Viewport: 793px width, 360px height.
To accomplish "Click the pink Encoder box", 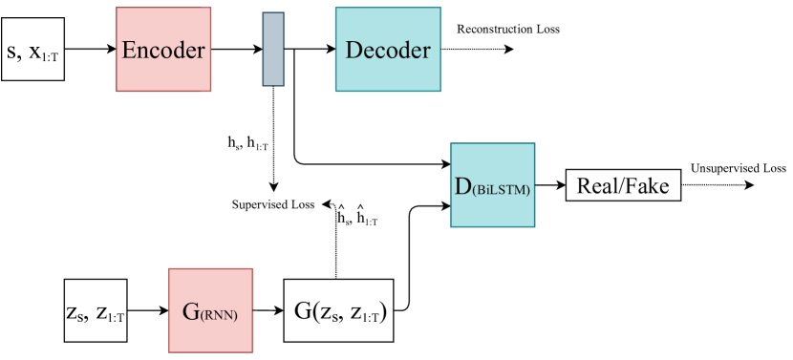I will point(162,50).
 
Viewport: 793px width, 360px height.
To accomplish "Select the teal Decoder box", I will point(388,50).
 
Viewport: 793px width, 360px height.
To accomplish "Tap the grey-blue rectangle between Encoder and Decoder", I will point(273,50).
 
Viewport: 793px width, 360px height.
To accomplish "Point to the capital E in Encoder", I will point(129,50).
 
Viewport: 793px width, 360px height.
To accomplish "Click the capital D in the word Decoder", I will point(352,50).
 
